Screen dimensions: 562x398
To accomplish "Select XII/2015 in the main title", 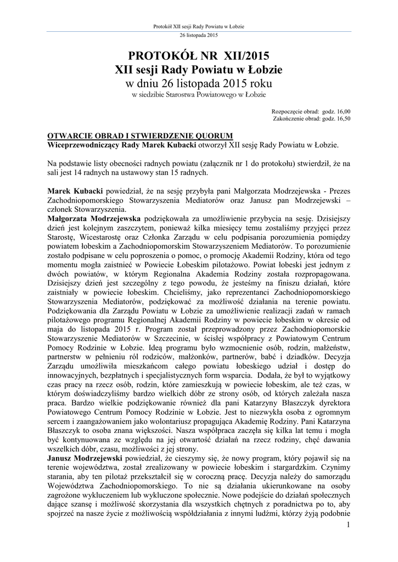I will [246, 55].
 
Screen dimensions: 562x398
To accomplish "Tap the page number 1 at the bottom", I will [348, 525].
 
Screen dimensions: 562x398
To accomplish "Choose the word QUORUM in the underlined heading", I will [211, 136].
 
